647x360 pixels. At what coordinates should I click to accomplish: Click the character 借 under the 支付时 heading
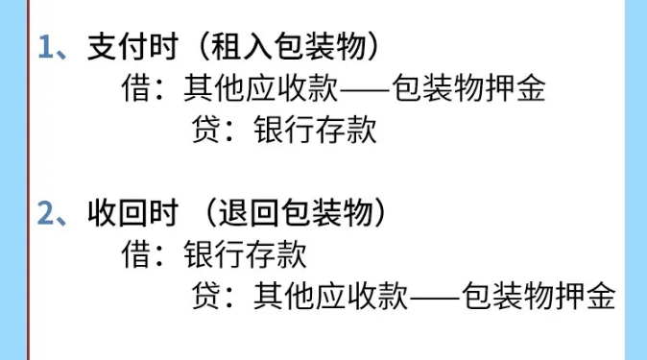coord(135,90)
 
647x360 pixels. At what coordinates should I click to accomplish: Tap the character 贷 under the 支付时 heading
coord(208,132)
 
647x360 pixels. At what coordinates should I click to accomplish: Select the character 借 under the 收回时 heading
coord(135,254)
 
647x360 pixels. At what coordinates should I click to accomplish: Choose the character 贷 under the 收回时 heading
coord(208,296)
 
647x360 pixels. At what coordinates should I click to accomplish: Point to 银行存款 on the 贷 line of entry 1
coord(315,132)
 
